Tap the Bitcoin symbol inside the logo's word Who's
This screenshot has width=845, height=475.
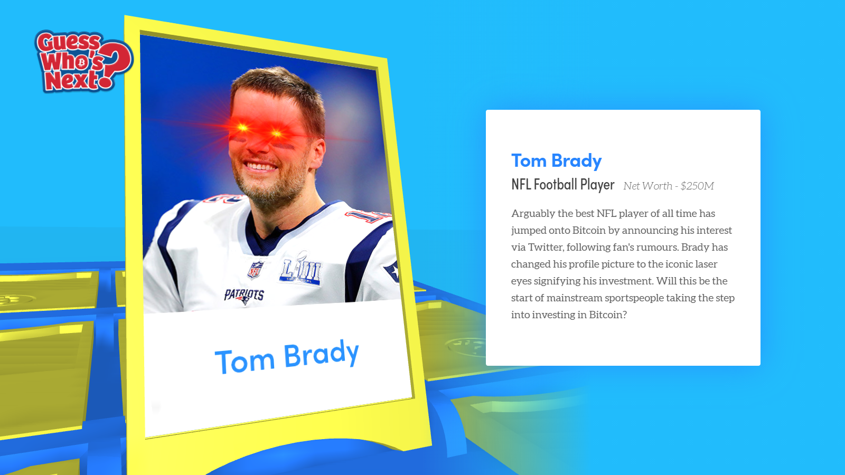click(x=81, y=62)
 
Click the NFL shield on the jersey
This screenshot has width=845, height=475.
click(x=256, y=270)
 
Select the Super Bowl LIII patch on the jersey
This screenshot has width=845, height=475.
click(x=300, y=269)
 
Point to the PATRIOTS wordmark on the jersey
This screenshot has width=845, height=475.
click(x=244, y=296)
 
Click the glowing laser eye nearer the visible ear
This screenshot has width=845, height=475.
click(x=277, y=133)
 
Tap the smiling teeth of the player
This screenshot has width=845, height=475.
click(x=260, y=166)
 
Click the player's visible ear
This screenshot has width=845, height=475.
click(x=317, y=153)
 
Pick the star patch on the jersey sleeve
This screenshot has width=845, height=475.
click(x=392, y=271)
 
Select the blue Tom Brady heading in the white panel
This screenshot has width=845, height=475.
click(x=557, y=161)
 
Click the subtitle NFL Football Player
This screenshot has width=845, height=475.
click(x=563, y=185)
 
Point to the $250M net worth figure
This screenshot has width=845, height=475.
click(x=697, y=186)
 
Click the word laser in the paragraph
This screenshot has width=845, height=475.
click(x=706, y=264)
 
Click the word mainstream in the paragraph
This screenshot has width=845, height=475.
click(x=574, y=298)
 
